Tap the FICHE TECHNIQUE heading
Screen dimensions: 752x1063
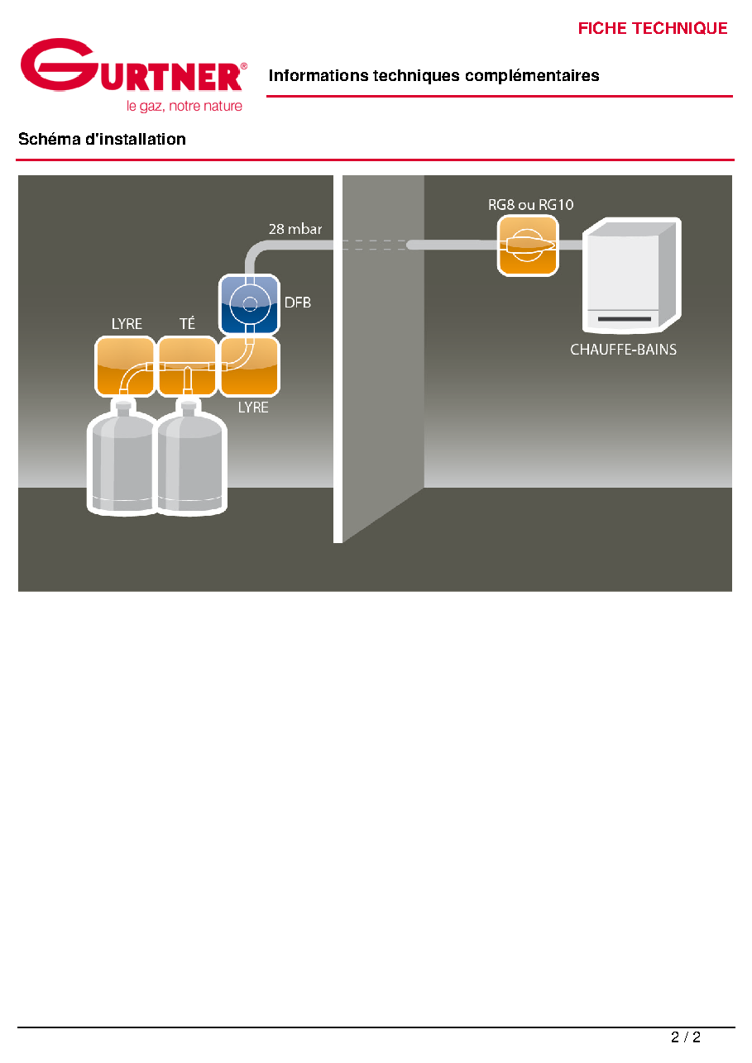coord(652,28)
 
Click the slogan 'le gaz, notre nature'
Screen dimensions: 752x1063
coord(184,106)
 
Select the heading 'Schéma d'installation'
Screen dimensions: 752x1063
coord(102,139)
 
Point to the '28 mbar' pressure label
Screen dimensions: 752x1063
coord(295,229)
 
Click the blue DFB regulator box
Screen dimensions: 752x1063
coord(249,304)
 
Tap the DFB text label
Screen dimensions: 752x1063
coord(297,303)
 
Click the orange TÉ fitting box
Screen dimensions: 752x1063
coord(187,366)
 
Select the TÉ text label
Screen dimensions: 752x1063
coord(187,323)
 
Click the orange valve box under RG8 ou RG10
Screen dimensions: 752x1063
coord(528,245)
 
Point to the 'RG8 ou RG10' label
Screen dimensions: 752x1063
coord(530,204)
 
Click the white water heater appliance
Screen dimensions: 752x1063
coord(632,275)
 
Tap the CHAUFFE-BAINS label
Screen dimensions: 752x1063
coord(623,350)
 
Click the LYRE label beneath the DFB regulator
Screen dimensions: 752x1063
coord(253,408)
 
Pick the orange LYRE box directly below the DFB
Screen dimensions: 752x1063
coord(250,366)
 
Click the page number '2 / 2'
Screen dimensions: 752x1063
coord(686,1037)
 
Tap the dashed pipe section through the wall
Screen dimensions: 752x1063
coord(374,245)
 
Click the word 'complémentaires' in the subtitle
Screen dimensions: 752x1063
coord(532,75)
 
